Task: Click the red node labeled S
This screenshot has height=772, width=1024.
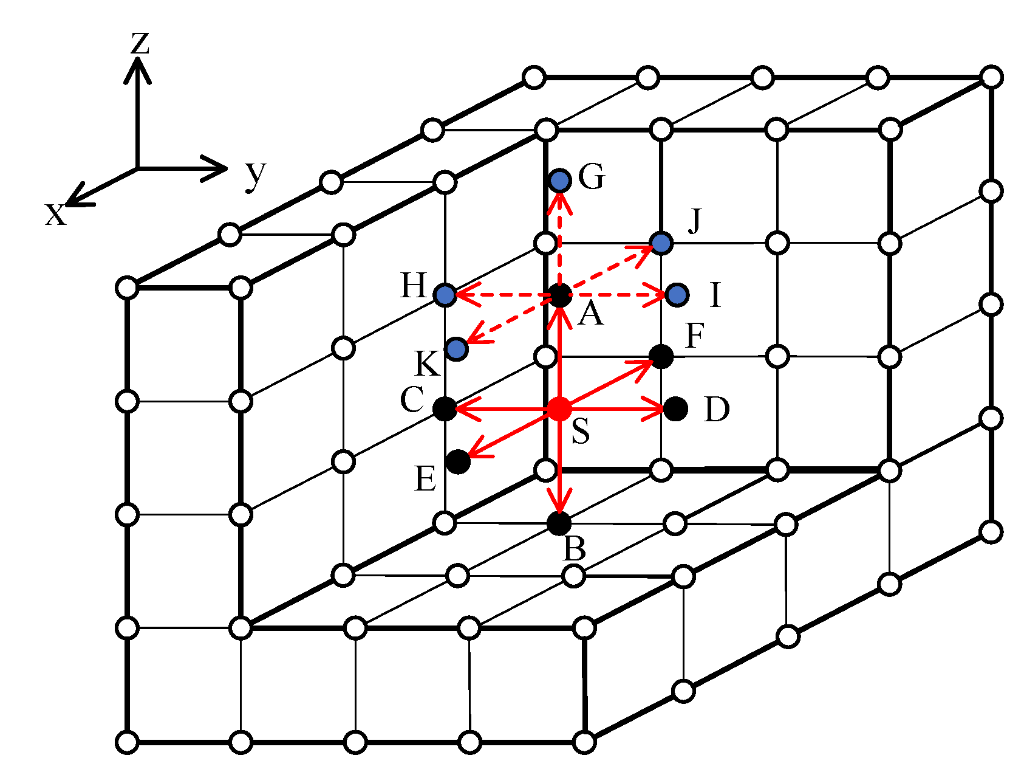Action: tap(559, 408)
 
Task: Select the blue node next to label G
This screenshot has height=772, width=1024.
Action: tap(560, 181)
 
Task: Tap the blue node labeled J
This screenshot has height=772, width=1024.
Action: tap(661, 243)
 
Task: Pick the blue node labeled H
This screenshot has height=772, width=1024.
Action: tap(445, 295)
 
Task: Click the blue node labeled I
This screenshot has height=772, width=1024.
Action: tap(677, 295)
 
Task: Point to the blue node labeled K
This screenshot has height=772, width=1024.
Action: tap(457, 349)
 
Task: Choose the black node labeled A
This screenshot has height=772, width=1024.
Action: tap(560, 295)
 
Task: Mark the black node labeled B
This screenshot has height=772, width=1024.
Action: tap(559, 523)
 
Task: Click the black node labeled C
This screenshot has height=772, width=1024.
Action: tap(445, 408)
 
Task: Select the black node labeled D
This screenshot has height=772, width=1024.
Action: tap(675, 408)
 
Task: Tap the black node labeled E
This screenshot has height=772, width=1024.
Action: tap(458, 461)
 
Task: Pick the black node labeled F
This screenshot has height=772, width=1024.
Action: tap(661, 356)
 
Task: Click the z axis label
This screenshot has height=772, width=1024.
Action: tap(140, 43)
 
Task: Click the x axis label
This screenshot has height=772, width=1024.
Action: tap(55, 214)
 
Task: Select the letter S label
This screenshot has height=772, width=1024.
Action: tap(581, 431)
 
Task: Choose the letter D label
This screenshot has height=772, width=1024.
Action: tap(717, 410)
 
